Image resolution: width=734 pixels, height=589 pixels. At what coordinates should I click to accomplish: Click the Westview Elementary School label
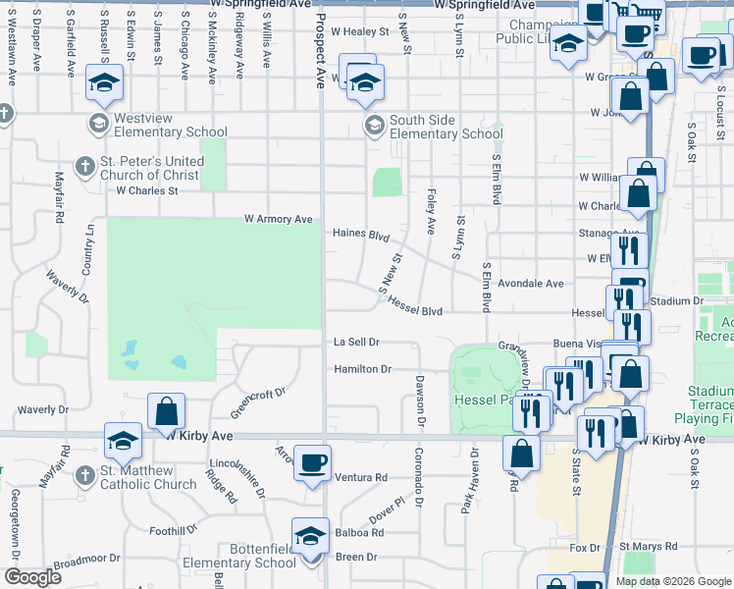tap(170, 125)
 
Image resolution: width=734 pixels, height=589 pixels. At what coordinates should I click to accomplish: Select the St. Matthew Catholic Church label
tap(148, 477)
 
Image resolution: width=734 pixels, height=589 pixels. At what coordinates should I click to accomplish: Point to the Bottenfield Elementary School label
tap(250, 556)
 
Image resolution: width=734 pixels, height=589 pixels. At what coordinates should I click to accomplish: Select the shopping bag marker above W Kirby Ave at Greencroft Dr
tap(167, 410)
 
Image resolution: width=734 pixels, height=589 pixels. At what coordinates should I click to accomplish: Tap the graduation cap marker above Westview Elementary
tap(102, 83)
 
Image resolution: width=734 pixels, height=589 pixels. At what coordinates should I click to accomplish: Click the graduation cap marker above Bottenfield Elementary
tap(310, 535)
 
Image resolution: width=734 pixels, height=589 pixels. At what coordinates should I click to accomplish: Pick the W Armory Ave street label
tap(278, 219)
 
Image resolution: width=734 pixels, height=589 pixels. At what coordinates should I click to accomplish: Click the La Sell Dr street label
tap(356, 342)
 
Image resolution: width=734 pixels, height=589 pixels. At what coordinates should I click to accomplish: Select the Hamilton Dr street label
tap(362, 369)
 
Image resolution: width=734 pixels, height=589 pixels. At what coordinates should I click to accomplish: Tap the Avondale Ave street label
tap(530, 283)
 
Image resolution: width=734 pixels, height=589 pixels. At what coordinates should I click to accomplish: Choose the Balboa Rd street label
tap(362, 533)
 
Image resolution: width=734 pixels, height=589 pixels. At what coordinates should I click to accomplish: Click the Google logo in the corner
tap(32, 576)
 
